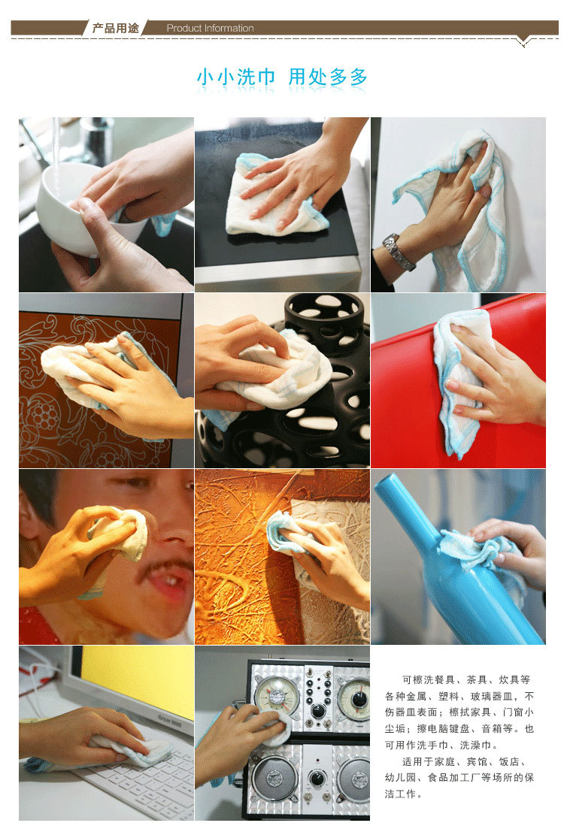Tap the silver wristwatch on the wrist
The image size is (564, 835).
[x=399, y=251]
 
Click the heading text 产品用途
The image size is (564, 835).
[x=115, y=29]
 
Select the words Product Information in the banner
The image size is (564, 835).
[x=210, y=29]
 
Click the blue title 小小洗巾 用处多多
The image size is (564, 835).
[x=282, y=77]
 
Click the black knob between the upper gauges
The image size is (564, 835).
[x=318, y=711]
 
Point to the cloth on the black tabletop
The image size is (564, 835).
[x=277, y=197]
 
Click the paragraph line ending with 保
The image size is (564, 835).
[x=459, y=777]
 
